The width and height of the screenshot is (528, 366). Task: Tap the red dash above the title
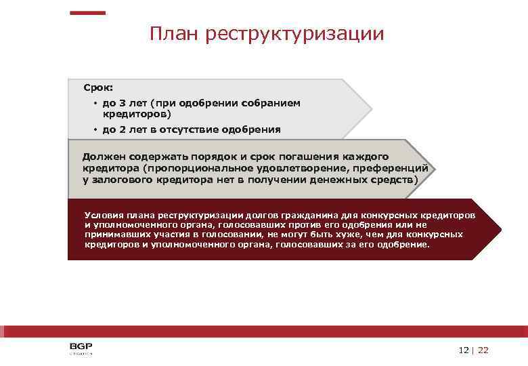pyautogui.click(x=89, y=12)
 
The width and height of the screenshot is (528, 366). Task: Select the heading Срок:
pyautogui.click(x=98, y=87)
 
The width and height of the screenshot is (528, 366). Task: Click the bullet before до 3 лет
pyautogui.click(x=96, y=104)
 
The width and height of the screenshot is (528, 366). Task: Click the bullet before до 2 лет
pyautogui.click(x=96, y=129)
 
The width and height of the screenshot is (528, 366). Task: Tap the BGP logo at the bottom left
pyautogui.click(x=81, y=348)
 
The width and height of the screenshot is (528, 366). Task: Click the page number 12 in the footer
pyautogui.click(x=463, y=350)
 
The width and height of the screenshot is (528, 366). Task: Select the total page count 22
pyautogui.click(x=483, y=350)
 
